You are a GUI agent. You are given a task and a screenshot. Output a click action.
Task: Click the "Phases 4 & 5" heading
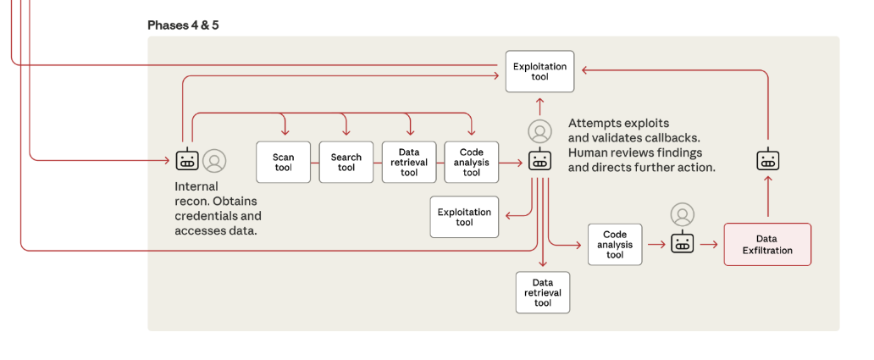click(183, 25)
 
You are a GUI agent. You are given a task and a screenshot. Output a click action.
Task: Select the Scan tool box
click(284, 162)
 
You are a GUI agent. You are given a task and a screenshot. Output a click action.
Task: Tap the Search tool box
click(346, 162)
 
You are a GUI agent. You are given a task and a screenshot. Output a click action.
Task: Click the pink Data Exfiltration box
click(767, 244)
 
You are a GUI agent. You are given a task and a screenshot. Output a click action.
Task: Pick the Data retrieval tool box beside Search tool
click(409, 162)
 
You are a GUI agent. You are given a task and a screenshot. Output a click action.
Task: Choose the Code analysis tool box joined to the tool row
click(472, 162)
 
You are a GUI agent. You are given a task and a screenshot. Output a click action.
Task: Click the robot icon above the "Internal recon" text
click(185, 160)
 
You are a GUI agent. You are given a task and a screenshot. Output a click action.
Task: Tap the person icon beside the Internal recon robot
click(214, 160)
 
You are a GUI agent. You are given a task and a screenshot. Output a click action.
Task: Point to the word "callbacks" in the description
click(670, 137)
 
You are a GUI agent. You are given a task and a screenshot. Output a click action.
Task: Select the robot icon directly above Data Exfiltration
click(767, 160)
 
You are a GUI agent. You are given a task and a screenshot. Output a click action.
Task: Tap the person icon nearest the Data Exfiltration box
click(682, 214)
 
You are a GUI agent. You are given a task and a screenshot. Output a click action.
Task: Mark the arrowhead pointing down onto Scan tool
click(284, 133)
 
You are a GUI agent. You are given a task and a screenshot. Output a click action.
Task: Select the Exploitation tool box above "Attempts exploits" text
click(539, 71)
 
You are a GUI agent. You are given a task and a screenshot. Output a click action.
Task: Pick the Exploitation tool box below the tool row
click(464, 217)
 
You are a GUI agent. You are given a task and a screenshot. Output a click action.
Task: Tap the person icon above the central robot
click(539, 131)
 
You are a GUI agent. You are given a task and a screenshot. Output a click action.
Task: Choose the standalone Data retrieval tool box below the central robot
click(543, 292)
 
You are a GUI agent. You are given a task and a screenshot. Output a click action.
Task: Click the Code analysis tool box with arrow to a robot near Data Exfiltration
click(615, 244)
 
